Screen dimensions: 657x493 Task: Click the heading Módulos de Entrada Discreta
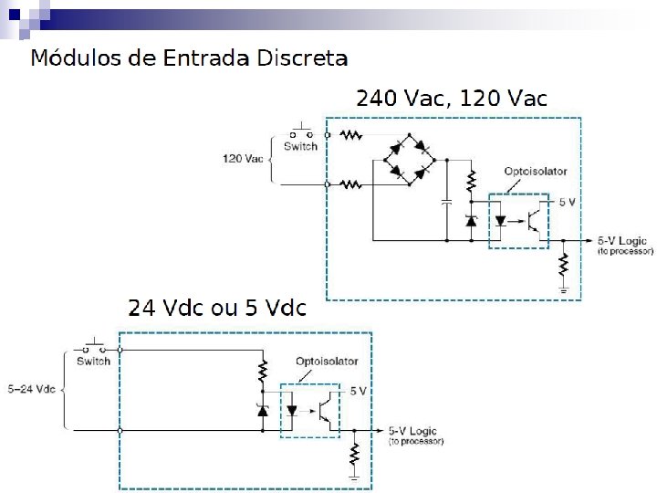click(x=189, y=58)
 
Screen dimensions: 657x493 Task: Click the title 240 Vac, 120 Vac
click(x=451, y=99)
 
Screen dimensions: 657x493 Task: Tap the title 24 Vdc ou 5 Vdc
click(x=217, y=307)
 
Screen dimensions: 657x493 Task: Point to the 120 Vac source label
click(x=243, y=158)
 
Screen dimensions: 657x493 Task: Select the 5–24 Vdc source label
click(x=31, y=390)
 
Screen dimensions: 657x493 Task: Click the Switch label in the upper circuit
click(x=300, y=146)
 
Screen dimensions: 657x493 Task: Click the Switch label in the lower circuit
click(x=93, y=361)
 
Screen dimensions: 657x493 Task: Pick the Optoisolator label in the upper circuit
click(x=535, y=171)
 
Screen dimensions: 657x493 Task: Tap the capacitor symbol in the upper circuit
click(x=446, y=203)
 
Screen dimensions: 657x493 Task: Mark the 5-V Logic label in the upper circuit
click(x=624, y=241)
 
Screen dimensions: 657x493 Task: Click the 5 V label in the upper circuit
click(x=567, y=202)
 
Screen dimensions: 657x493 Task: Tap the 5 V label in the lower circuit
click(x=359, y=391)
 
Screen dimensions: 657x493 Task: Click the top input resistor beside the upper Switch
click(x=351, y=135)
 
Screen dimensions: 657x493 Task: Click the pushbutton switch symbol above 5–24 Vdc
click(x=93, y=346)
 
